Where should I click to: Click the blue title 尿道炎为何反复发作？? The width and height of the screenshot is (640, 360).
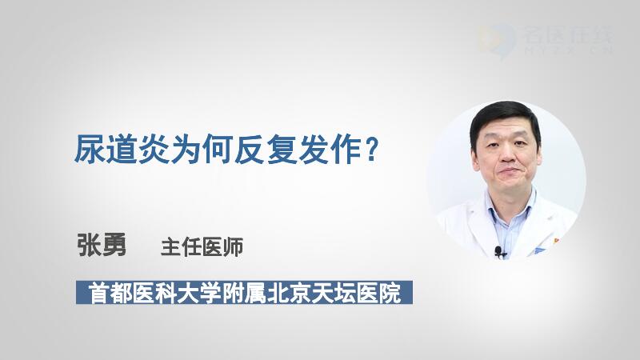coord(226,150)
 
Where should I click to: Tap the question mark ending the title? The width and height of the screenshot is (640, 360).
coord(370,150)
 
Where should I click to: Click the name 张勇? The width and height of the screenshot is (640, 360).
coord(102,245)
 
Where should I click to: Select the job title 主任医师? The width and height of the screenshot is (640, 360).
coord(202,247)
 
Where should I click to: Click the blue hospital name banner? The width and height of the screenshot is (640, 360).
coord(244,292)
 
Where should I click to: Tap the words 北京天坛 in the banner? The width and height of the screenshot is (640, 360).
coord(310,293)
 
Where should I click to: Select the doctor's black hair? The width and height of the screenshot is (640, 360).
coord(505,118)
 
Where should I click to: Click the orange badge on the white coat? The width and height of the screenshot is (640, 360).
coord(555,242)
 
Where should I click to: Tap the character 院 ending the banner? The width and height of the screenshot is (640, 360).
coord(390,293)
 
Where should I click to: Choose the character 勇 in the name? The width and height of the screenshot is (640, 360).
coord(114,245)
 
